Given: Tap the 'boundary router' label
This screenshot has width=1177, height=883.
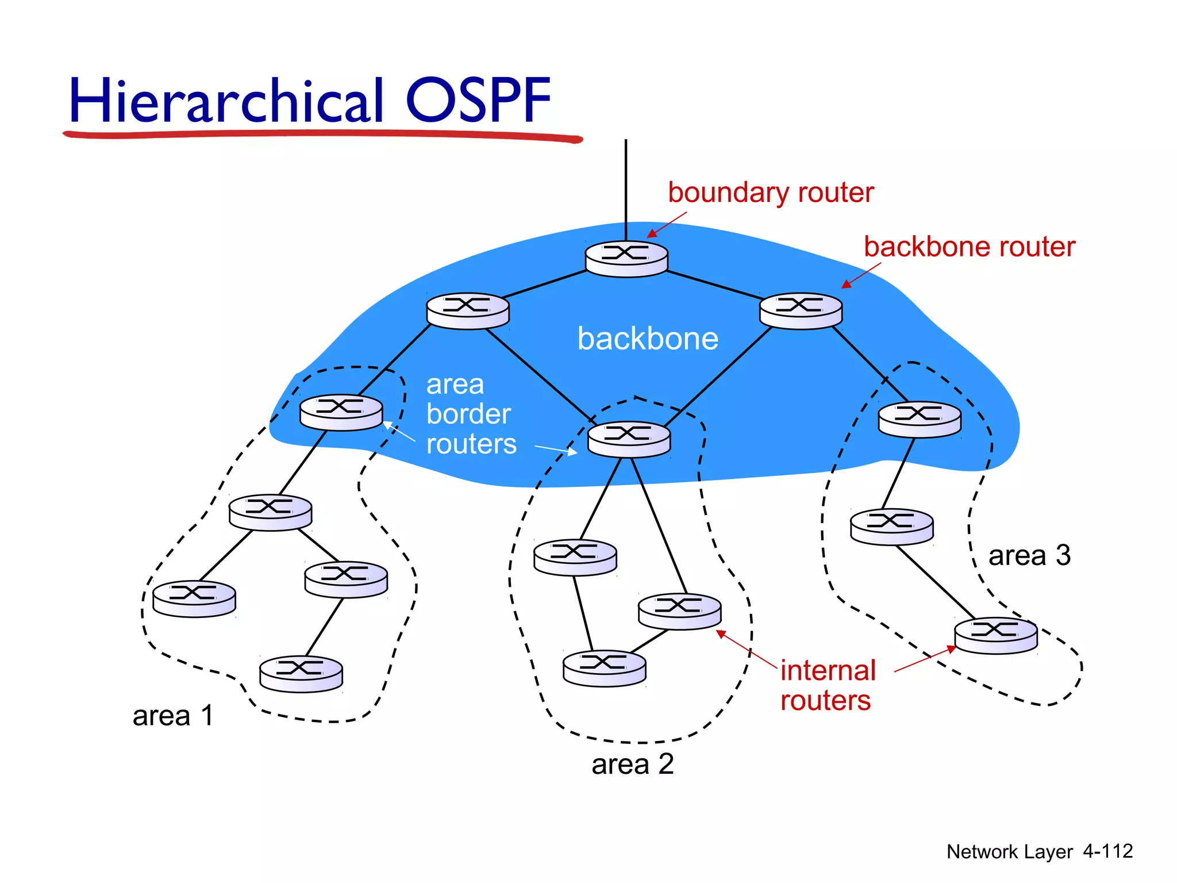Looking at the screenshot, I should point(770,193).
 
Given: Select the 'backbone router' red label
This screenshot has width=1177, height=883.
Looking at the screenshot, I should point(969,247).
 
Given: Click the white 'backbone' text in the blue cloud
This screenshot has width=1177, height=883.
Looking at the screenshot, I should point(648,339).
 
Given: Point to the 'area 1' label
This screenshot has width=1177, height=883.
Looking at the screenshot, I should point(173,716).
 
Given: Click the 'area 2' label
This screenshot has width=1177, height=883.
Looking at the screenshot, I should point(632,765).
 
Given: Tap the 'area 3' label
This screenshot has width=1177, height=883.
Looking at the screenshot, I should point(1029,556).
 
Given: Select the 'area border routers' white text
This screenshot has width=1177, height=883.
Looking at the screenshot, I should point(470,414).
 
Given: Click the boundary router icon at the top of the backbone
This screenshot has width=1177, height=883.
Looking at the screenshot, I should point(626,259).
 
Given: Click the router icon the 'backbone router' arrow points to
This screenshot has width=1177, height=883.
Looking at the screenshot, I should point(801,310).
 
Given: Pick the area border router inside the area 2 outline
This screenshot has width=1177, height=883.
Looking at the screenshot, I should point(629,439).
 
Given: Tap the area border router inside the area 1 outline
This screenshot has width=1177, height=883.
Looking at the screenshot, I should point(341,412).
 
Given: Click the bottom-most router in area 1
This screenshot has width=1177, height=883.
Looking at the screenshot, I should point(301,674).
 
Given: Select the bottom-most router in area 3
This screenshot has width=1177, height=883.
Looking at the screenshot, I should point(995,635).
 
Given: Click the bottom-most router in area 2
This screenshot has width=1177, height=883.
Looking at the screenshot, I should point(604,669).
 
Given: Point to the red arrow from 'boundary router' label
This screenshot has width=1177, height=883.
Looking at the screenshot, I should point(667,224).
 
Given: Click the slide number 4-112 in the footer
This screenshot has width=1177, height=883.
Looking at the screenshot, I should point(1107,851).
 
